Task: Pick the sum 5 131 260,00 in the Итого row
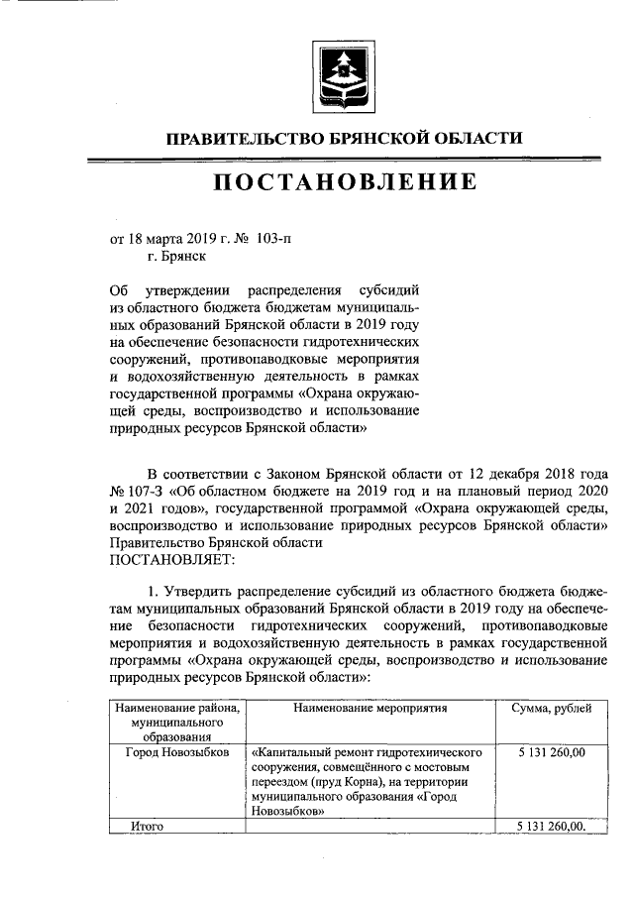(x=552, y=826)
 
